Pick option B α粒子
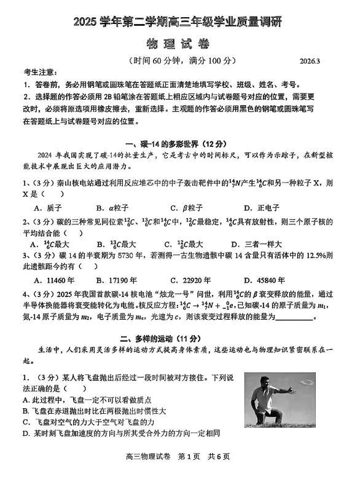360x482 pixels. click(110, 208)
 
